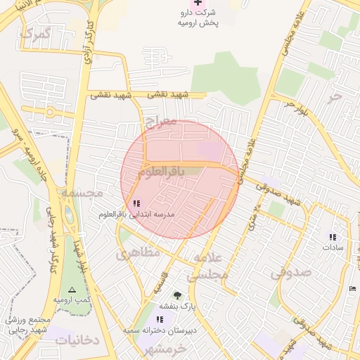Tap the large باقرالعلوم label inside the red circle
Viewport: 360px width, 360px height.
160,171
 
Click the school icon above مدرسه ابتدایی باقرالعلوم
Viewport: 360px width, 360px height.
136,203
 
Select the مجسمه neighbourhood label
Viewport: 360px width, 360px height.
81,191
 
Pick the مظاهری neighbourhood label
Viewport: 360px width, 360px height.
138,252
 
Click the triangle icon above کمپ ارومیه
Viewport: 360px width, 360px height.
70,290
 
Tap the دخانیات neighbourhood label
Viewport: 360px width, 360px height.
77,340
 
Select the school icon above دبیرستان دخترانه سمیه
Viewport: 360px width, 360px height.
160,319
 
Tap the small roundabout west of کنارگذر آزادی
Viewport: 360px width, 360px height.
50,112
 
